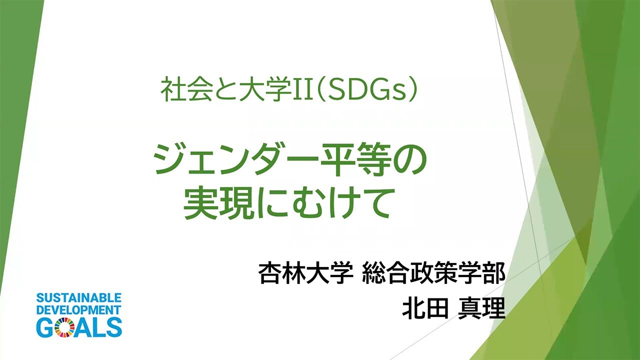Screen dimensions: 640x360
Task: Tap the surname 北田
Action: pyautogui.click(x=424, y=309)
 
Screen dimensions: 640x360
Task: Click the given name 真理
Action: pyautogui.click(x=481, y=309)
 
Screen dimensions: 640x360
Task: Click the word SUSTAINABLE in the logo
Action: pyautogui.click(x=79, y=298)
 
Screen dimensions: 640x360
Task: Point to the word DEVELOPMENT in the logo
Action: pyautogui.click(x=79, y=310)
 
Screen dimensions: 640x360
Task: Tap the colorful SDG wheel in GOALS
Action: pyautogui.click(x=64, y=327)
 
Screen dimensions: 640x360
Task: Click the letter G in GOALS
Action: pyautogui.click(x=45, y=327)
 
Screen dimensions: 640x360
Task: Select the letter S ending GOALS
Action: pyautogui.click(x=114, y=327)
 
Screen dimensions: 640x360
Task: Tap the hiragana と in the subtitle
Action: pyautogui.click(x=225, y=90)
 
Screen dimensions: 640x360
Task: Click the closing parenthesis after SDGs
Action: pyautogui.click(x=413, y=90)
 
